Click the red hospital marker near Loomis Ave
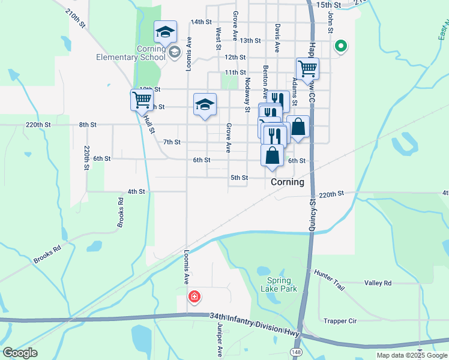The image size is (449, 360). click(x=194, y=296)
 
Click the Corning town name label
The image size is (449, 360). click(x=288, y=182)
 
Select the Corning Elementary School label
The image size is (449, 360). click(x=131, y=53)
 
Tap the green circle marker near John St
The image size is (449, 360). click(x=340, y=45)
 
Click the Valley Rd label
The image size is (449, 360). click(x=378, y=283)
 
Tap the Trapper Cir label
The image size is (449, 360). click(x=340, y=321)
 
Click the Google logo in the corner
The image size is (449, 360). click(x=20, y=353)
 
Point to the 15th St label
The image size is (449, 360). click(x=328, y=5)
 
